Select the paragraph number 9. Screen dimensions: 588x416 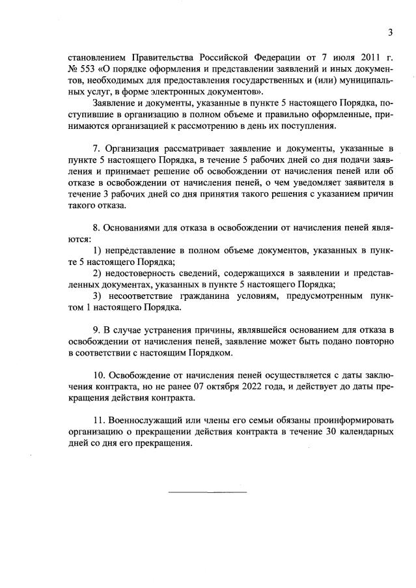98,330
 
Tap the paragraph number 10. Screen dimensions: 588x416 100,376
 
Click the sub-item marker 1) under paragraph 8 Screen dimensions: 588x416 98,251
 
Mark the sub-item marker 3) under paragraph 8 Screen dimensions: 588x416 98,296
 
